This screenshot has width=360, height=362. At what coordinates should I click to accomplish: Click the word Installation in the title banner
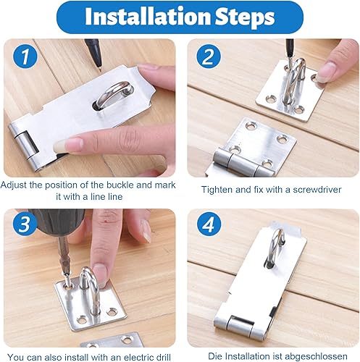tap(148, 17)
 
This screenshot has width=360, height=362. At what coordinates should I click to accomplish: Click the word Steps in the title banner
tap(245, 17)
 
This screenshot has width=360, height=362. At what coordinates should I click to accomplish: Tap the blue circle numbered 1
tap(25, 57)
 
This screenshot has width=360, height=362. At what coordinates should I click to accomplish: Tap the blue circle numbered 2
tap(208, 57)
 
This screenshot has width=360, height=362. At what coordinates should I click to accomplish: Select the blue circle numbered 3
tap(25, 224)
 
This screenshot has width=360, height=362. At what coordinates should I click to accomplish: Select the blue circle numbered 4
tap(209, 225)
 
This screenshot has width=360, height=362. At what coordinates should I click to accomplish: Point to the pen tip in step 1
tap(100, 71)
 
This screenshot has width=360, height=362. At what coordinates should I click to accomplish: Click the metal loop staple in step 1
tap(114, 94)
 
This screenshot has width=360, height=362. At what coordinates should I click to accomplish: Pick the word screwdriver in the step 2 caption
tap(317, 190)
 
